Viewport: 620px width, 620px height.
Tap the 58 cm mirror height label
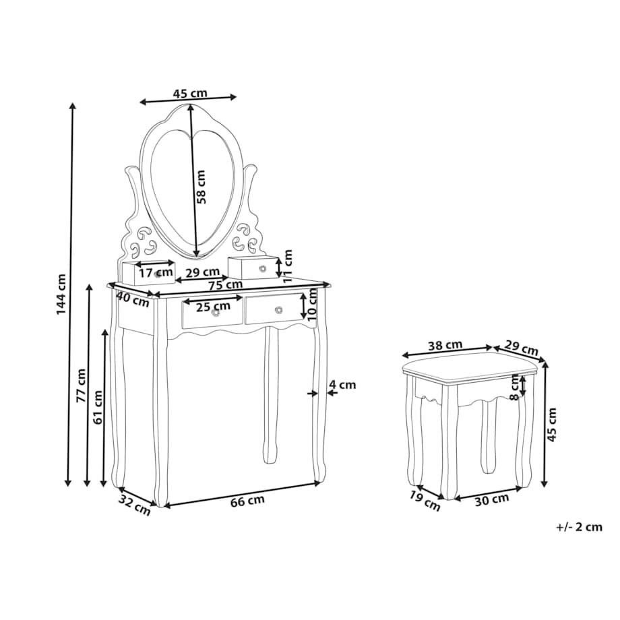point(201,187)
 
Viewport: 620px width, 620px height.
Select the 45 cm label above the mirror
point(190,93)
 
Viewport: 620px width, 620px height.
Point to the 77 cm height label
point(81,385)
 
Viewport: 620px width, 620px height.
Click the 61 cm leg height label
point(98,407)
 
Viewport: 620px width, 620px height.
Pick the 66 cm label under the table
point(247,501)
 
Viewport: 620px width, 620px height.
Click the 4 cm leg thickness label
point(342,384)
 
